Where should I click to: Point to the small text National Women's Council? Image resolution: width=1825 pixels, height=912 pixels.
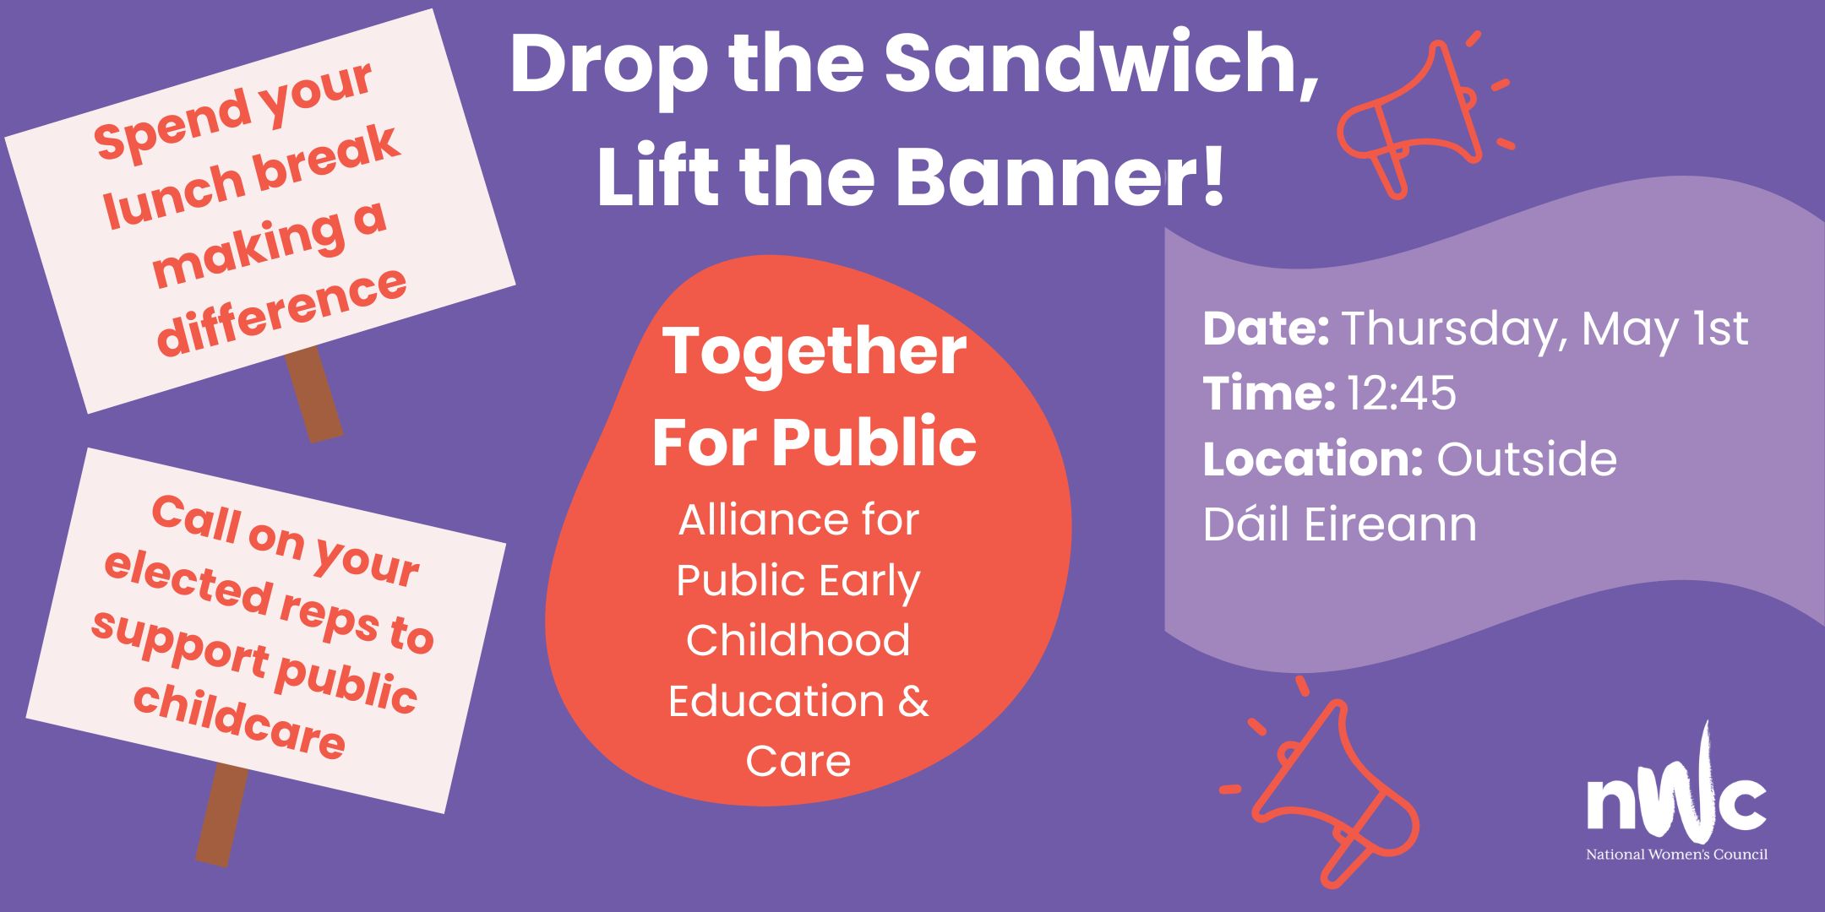[1676, 855]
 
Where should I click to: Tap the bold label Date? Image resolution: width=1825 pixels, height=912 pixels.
[1267, 328]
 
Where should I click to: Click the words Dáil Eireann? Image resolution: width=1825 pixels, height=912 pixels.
[1340, 524]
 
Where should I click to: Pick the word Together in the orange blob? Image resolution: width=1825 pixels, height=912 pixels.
[814, 352]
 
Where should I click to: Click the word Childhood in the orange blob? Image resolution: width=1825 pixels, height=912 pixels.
[798, 640]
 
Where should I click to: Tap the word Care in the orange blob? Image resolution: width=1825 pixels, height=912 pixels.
[798, 761]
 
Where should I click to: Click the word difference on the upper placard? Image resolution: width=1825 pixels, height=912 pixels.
[283, 312]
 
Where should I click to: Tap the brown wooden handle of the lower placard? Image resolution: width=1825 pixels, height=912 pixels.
[222, 815]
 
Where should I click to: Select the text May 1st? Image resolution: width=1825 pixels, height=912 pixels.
[1664, 328]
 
